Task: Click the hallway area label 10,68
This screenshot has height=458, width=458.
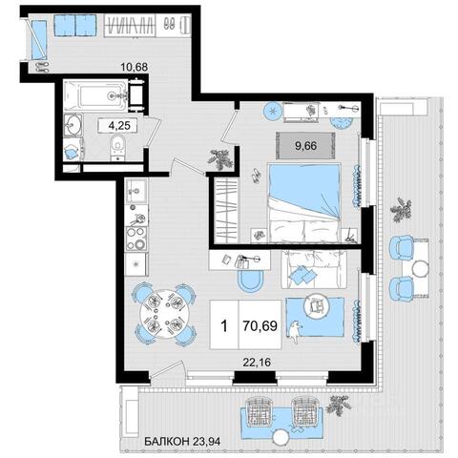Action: [x=135, y=67]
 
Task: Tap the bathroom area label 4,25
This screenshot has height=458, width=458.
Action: [x=119, y=125]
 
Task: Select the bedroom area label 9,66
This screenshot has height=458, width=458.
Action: [x=305, y=146]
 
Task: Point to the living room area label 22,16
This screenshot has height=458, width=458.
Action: [x=257, y=362]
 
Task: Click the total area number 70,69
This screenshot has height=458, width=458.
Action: [x=260, y=325]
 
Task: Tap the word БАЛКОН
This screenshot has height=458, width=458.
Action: [x=166, y=441]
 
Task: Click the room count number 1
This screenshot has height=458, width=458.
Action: [x=224, y=326]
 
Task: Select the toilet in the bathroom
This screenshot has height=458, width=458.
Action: [x=118, y=147]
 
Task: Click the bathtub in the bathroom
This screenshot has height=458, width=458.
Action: [x=96, y=95]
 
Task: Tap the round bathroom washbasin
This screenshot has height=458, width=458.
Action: [x=73, y=124]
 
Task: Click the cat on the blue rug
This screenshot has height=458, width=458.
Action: [x=296, y=332]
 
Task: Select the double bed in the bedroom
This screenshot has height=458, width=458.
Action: [x=304, y=203]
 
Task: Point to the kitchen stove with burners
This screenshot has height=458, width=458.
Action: [x=136, y=239]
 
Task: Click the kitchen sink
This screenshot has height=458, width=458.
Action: [x=136, y=191]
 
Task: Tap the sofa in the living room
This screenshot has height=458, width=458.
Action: [x=314, y=269]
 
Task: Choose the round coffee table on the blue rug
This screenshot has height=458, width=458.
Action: [x=316, y=305]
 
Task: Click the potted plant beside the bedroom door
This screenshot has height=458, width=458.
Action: [x=219, y=159]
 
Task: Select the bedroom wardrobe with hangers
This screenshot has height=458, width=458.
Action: [x=226, y=211]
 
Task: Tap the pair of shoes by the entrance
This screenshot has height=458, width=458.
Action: [x=42, y=67]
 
